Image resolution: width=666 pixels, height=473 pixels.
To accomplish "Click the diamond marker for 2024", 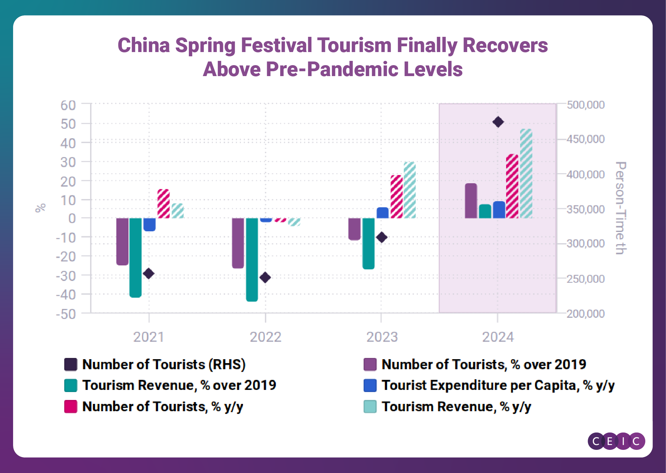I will click(x=498, y=122).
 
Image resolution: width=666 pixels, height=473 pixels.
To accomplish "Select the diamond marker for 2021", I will click(x=149, y=273).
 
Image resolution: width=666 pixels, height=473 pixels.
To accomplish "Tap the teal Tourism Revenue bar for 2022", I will click(x=252, y=259).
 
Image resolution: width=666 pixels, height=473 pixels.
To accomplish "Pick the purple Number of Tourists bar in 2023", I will click(x=354, y=229).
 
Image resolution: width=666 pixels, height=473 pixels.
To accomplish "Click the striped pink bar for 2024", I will click(x=512, y=186).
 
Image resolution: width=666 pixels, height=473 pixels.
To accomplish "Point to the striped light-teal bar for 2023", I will click(x=410, y=190).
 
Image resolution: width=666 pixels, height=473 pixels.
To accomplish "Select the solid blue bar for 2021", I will click(x=150, y=224).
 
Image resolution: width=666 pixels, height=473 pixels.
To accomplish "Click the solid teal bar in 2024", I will click(x=485, y=211).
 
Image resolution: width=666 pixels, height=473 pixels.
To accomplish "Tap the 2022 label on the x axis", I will click(x=266, y=337).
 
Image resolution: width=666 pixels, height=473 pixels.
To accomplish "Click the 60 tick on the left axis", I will click(x=68, y=106).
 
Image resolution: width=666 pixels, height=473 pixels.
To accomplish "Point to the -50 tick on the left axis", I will click(x=66, y=314).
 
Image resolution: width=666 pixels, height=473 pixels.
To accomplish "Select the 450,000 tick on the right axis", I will click(x=585, y=139).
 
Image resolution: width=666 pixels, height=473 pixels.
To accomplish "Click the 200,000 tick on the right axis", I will click(x=585, y=314).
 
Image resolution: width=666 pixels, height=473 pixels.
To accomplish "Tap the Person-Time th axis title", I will click(x=620, y=208).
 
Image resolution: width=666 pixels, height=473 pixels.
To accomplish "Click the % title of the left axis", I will click(x=41, y=208).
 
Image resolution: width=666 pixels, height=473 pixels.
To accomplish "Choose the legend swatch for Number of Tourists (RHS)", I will click(x=71, y=364).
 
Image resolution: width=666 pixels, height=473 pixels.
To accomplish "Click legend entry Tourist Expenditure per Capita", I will click(x=498, y=385).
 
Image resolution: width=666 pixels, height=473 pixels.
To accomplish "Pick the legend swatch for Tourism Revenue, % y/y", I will click(x=370, y=407).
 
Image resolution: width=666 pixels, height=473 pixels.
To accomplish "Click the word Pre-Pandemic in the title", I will click(x=332, y=69).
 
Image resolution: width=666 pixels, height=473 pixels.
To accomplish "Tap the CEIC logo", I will click(x=616, y=441).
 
